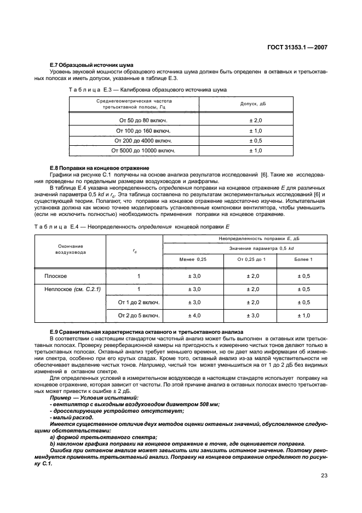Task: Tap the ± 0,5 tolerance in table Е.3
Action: (x=256, y=140)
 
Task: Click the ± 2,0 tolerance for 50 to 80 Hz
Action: (x=256, y=120)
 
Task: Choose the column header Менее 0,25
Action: (x=193, y=259)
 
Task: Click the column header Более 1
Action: (x=303, y=259)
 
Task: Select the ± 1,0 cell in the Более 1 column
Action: (x=303, y=316)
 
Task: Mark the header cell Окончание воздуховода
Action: (x=69, y=249)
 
